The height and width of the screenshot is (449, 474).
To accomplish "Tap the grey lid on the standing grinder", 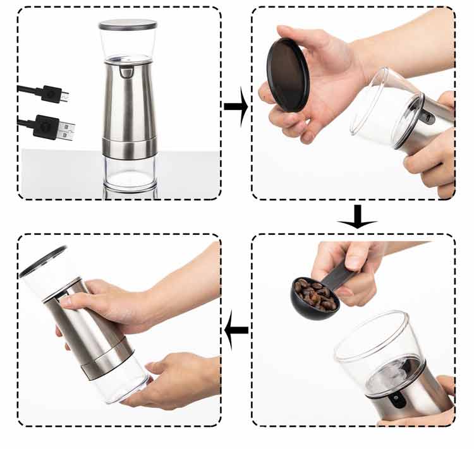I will [128, 24].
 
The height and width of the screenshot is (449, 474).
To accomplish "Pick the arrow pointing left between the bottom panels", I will [236, 330].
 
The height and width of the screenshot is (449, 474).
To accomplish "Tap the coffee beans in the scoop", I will [314, 296].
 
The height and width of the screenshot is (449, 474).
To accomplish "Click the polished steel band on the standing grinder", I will [130, 147].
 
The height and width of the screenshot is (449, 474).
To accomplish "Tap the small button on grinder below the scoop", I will [397, 399].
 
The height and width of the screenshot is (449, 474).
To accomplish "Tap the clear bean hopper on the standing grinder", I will [128, 44].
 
